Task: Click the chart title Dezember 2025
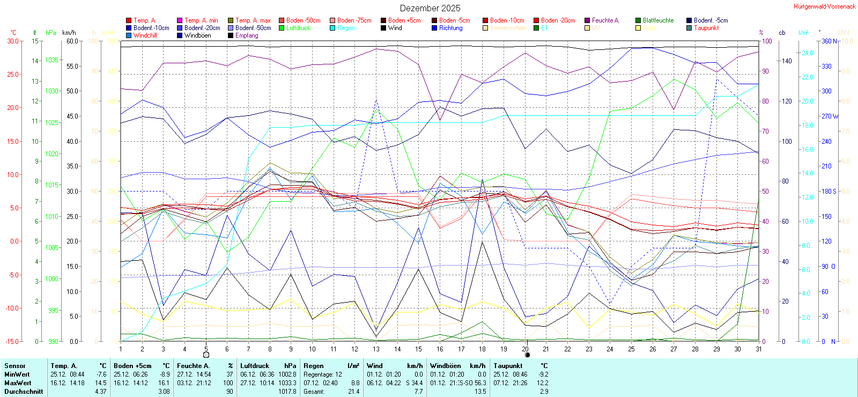(x=430, y=8)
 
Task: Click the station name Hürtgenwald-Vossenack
(x=824, y=6)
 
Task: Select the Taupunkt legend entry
(x=706, y=28)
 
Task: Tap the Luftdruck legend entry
(x=298, y=28)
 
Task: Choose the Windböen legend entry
(x=197, y=35)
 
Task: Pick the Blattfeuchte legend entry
(x=658, y=20)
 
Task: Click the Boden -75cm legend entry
(x=354, y=20)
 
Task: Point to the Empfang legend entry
(x=247, y=35)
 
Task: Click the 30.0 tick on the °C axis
(x=13, y=41)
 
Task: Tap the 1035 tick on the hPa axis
(x=52, y=60)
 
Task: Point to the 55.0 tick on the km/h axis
(x=72, y=67)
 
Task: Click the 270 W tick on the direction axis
(x=830, y=116)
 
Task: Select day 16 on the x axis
(x=440, y=349)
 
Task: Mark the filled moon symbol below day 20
(x=527, y=355)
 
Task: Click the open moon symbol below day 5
(x=206, y=355)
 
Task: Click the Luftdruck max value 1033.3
(x=287, y=383)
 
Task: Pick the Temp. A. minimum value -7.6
(x=101, y=374)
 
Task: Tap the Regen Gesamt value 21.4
(x=353, y=392)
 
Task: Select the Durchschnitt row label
(x=24, y=392)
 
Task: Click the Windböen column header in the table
(x=445, y=366)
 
